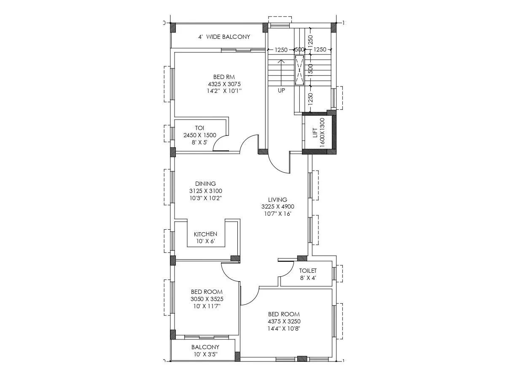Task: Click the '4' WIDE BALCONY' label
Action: pos(224,37)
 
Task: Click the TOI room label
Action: pos(199,128)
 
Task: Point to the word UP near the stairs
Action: pos(281,90)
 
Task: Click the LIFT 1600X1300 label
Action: pos(318,132)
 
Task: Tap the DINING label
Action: pos(205,184)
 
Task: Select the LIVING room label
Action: pos(277,200)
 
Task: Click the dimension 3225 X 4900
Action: pos(277,206)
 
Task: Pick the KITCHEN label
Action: pos(205,234)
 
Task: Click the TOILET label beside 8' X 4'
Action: pos(308,271)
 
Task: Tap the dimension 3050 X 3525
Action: pos(207,299)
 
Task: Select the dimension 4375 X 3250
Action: pos(284,321)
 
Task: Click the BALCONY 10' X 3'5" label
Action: pos(205,350)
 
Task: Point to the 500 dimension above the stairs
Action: pos(299,50)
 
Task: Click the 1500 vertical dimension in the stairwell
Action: pos(310,69)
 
